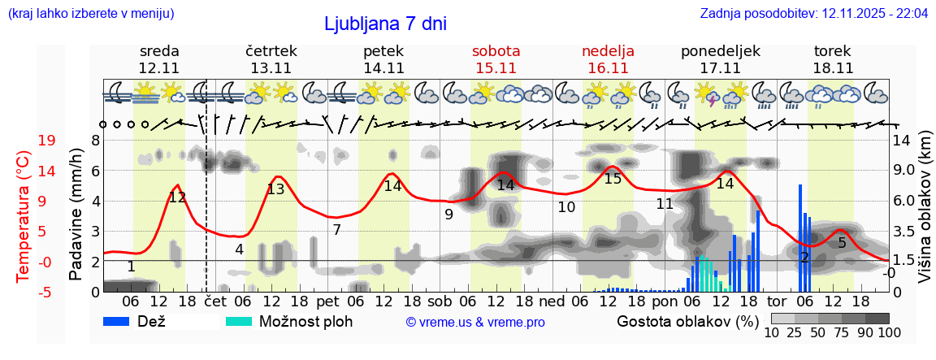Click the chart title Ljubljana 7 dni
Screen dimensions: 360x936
[x=385, y=24]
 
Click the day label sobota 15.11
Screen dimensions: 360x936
[x=496, y=59]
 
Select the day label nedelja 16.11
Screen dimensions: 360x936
[x=608, y=59]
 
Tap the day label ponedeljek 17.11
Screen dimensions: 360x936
[x=720, y=59]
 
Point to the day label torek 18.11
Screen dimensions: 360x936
[x=833, y=59]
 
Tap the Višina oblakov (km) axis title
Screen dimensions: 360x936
[x=925, y=216]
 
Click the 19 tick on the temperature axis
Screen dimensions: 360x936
[x=24, y=141]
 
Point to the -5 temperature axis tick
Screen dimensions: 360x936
[x=24, y=292]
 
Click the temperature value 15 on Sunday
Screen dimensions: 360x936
[x=613, y=179]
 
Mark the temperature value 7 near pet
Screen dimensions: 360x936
[x=336, y=230]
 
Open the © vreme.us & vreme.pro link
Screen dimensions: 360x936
[x=475, y=323]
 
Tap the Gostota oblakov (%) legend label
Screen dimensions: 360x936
[x=687, y=321]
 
